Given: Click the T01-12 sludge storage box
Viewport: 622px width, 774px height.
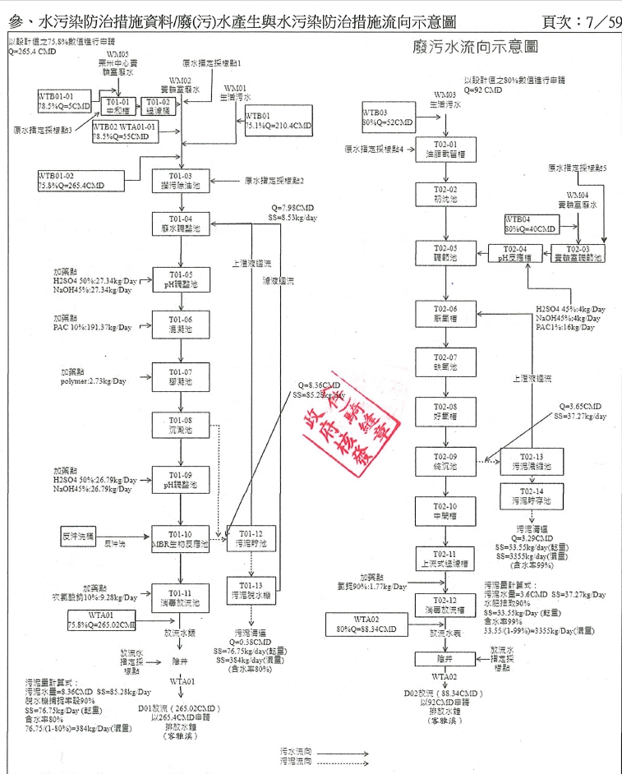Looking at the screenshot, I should (251, 539).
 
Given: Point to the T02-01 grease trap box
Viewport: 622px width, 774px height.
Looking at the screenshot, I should (445, 150).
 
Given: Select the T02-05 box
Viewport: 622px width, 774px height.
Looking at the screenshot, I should (445, 252).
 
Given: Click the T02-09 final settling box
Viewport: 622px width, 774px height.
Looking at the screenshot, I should (445, 462).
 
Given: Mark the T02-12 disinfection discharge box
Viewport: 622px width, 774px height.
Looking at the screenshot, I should (445, 605).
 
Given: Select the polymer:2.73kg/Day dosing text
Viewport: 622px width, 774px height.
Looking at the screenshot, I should (93, 381).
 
